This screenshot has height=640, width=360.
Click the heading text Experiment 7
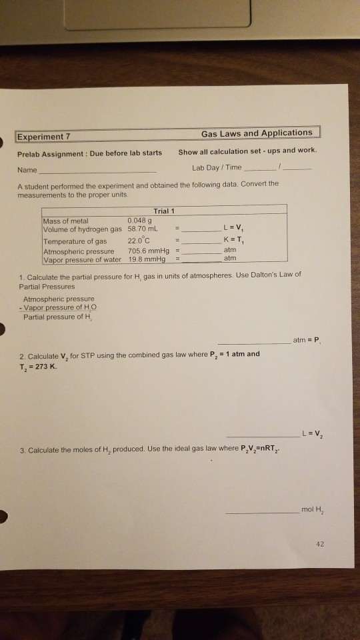[x=45, y=137]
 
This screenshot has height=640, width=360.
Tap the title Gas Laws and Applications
[x=257, y=133]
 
